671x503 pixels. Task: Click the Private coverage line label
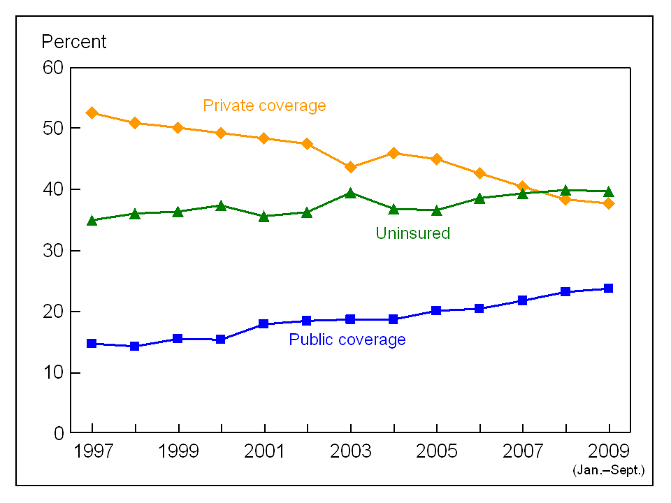tap(264, 105)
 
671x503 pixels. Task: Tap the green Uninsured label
tap(412, 233)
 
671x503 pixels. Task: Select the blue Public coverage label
tap(347, 340)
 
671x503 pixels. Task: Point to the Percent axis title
tap(74, 42)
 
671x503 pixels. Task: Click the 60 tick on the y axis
tap(53, 68)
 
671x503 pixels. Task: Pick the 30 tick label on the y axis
tap(53, 251)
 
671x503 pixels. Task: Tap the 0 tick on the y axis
tap(59, 434)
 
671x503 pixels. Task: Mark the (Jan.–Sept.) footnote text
tap(608, 471)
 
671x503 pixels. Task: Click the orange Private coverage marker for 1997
tap(92, 112)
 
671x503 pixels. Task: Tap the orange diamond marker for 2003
tap(350, 167)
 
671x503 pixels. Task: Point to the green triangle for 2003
tap(350, 193)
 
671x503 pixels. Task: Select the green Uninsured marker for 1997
tap(92, 220)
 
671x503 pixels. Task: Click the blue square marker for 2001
tap(264, 323)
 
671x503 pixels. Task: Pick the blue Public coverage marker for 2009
tap(609, 288)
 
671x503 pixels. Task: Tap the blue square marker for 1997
tap(92, 343)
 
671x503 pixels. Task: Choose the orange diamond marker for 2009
tap(609, 203)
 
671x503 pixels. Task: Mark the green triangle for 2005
tap(437, 210)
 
